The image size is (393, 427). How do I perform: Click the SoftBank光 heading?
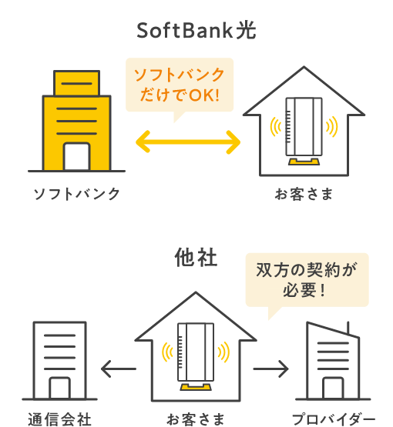(196, 31)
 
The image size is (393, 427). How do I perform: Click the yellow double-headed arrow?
(189, 142)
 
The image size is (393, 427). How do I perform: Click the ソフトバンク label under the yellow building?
(76, 193)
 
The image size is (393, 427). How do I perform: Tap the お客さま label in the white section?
(304, 193)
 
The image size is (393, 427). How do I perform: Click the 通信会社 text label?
(60, 419)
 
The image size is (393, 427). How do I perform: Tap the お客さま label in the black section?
(196, 419)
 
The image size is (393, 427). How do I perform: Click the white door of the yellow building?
(76, 158)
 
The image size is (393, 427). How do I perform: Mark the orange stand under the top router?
(302, 162)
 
